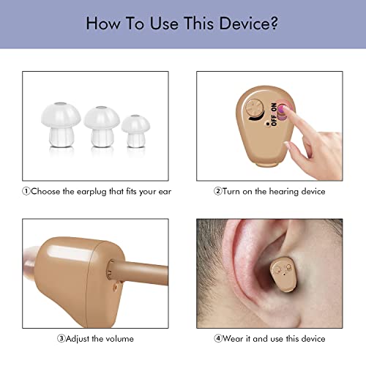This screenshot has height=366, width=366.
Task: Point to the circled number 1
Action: [x=26, y=191]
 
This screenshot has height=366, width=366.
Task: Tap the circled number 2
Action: [x=217, y=191]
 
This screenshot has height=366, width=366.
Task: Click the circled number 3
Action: [x=61, y=339]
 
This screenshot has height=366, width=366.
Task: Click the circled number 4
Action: [x=217, y=339]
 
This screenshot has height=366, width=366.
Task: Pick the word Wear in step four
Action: [x=234, y=339]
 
